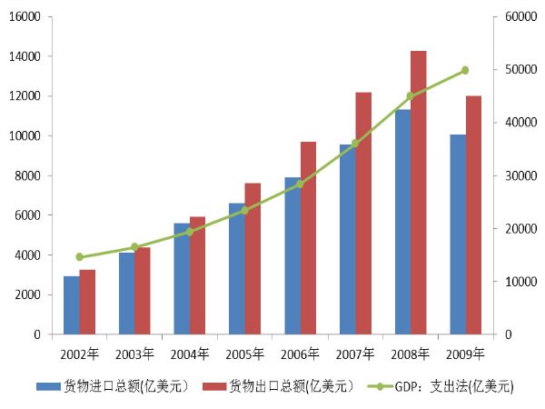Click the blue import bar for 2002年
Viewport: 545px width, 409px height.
coord(71,305)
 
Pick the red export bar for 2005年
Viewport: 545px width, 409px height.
coord(253,259)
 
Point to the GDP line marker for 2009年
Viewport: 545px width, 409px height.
coord(465,70)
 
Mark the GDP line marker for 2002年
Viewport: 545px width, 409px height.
coord(80,257)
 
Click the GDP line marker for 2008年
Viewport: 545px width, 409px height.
coord(410,96)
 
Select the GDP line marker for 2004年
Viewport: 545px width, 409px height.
coord(190,232)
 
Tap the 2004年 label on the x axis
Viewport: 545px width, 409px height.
coord(191,353)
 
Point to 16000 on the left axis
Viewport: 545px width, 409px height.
coord(25,17)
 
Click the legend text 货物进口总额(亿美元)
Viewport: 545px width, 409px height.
coord(125,386)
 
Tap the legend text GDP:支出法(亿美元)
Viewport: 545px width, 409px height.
coord(454,386)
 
